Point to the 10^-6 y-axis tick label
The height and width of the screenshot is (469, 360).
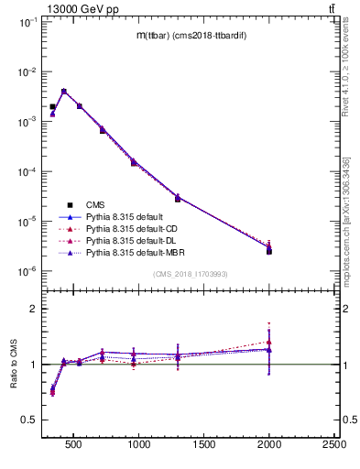click(x=26, y=271)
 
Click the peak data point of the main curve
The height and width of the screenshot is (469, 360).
click(x=63, y=92)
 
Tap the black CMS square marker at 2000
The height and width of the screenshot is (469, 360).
click(x=269, y=251)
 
